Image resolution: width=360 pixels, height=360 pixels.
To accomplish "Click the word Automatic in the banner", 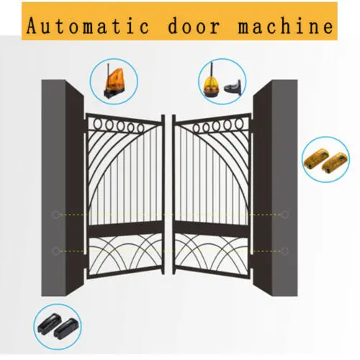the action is click(88, 26).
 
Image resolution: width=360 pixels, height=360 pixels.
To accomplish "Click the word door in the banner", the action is click(194, 25).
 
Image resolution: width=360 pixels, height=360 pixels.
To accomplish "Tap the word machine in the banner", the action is click(286, 25).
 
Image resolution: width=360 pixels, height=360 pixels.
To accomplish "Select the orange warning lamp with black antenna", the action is click(114, 81).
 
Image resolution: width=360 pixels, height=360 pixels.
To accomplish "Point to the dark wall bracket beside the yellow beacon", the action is click(233, 88).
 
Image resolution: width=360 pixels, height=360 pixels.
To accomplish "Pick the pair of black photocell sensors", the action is click(58, 326).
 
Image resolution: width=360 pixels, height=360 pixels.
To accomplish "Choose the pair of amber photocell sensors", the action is click(325, 160).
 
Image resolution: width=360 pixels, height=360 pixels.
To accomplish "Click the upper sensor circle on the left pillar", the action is click(56, 215).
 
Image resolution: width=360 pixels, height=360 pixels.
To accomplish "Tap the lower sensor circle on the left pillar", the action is click(56, 251).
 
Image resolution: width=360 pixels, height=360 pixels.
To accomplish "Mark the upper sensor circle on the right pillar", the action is click(285, 215).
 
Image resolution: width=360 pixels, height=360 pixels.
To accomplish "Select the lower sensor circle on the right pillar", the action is click(285, 251).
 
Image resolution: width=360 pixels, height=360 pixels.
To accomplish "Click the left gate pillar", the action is click(63, 188).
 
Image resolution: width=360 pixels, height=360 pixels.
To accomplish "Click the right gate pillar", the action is click(276, 188).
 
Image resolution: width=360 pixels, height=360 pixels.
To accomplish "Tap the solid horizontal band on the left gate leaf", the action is click(125, 229).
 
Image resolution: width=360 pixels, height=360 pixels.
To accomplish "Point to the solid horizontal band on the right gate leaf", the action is click(212, 229).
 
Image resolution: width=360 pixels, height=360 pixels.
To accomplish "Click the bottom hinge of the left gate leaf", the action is click(85, 274).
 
